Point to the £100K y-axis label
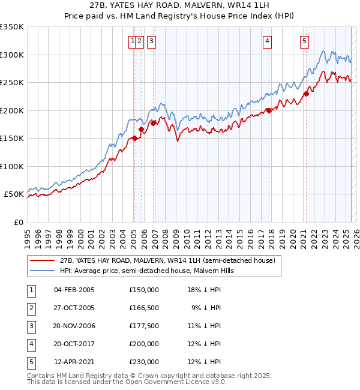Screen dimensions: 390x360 12,166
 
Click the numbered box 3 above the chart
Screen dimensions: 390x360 151,41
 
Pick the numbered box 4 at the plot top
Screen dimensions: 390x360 266,41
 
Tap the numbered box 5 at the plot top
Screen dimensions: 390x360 305,41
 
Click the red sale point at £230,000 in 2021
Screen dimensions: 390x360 306,94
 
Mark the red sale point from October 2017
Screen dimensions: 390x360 269,110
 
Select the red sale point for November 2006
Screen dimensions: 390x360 153,123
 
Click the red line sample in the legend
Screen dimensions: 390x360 42,261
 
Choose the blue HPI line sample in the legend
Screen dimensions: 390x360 42,271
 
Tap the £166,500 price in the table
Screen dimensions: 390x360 143,308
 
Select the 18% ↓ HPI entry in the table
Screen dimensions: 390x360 204,290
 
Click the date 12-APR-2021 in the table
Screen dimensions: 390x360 74,362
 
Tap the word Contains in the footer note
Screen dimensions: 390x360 41,376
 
